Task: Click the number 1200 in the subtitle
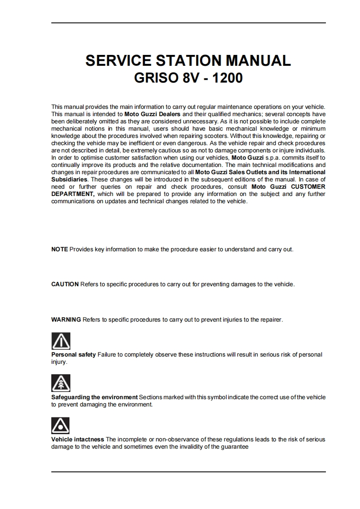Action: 225,78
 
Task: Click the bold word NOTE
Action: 59,250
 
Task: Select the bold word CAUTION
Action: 65,284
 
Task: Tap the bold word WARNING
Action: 66,320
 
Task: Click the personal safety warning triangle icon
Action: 61,341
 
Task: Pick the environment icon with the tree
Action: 61,383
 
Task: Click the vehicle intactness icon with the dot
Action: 61,426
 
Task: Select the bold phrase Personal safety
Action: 74,355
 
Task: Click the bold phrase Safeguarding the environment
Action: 94,397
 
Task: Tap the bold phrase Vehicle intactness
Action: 78,440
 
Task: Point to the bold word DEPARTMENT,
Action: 73,194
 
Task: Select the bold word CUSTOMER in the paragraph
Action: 308,187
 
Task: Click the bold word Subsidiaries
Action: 69,180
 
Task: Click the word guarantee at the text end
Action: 233,447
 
